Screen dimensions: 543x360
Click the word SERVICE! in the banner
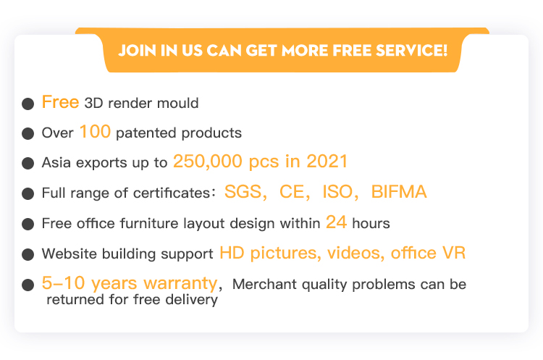point(411,50)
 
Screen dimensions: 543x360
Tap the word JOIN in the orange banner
point(137,51)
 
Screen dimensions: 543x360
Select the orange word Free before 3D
point(60,102)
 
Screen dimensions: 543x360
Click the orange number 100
point(95,132)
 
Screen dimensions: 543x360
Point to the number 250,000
point(208,162)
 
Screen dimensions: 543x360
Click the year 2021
point(327,162)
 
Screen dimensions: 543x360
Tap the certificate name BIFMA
point(399,192)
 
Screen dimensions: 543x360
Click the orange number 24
point(336,222)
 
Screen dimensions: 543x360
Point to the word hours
point(371,224)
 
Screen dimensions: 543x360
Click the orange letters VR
point(454,253)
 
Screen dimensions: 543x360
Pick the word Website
point(70,254)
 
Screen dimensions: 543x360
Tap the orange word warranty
point(180,283)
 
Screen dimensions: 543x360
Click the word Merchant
point(265,284)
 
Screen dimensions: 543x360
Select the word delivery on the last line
point(192,300)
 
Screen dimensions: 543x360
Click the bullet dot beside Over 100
point(28,133)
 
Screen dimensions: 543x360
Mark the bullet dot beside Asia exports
point(28,163)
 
